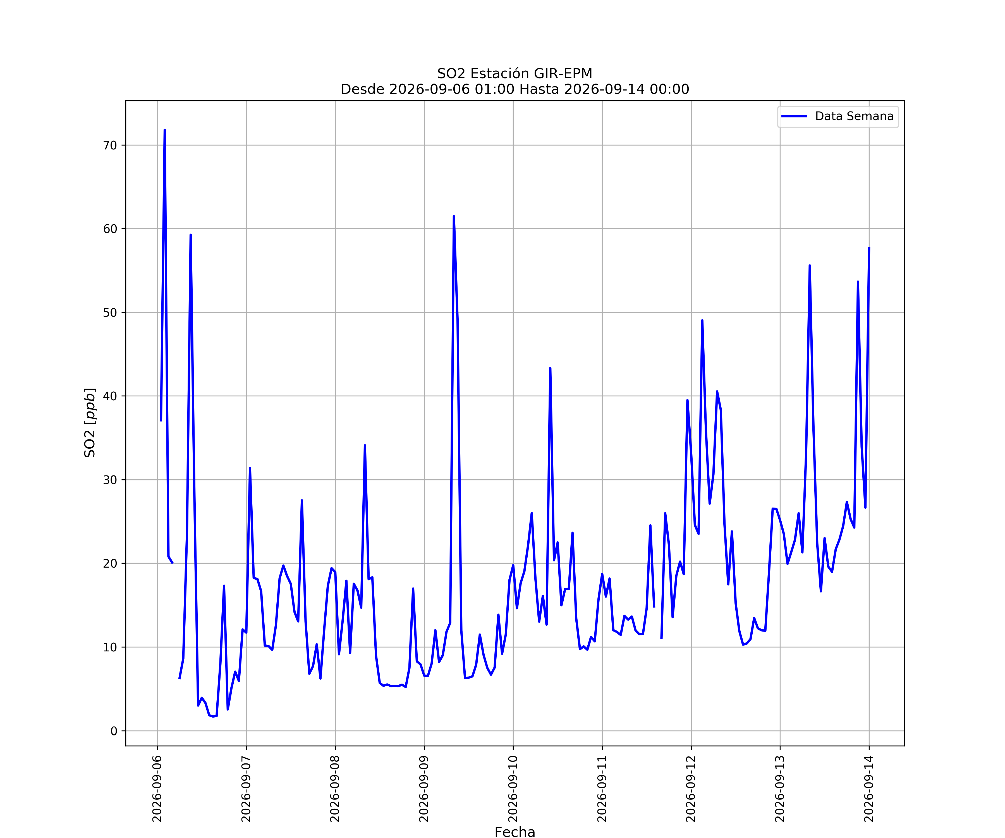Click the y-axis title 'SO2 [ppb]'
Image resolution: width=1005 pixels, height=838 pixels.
[90, 423]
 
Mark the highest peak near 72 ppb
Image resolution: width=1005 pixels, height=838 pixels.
[165, 130]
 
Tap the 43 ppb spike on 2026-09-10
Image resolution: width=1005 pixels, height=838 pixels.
[550, 368]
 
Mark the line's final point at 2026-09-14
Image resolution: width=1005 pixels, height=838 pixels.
[869, 247]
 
